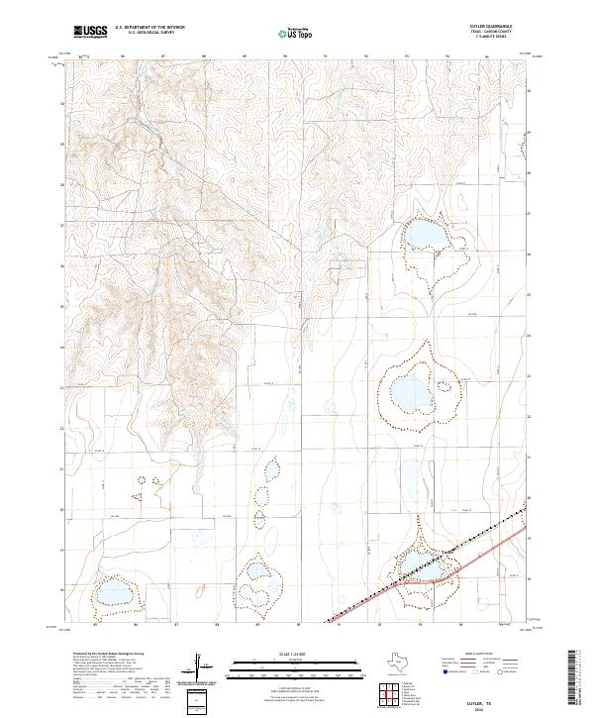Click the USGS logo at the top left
(x=90, y=33)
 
